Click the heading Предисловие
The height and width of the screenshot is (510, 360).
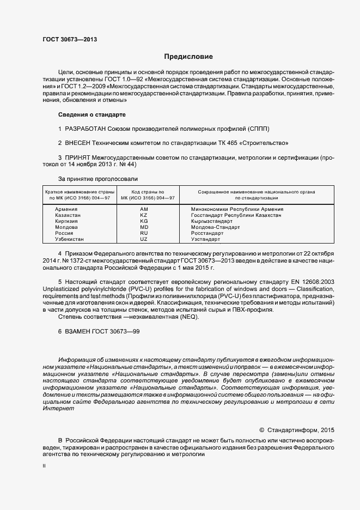coord(188,57)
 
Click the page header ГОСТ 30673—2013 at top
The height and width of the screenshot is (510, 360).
coord(70,39)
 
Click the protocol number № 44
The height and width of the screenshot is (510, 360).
coord(128,164)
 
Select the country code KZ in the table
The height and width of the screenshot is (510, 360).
coord(144,215)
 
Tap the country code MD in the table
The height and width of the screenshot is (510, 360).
coord(144,227)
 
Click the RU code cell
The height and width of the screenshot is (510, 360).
coord(144,233)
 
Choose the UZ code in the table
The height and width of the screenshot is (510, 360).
coord(144,239)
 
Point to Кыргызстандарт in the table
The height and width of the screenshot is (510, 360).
coord(212,221)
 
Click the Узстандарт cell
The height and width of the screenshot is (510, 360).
coord(205,239)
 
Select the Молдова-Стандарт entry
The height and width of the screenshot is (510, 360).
coord(215,227)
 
